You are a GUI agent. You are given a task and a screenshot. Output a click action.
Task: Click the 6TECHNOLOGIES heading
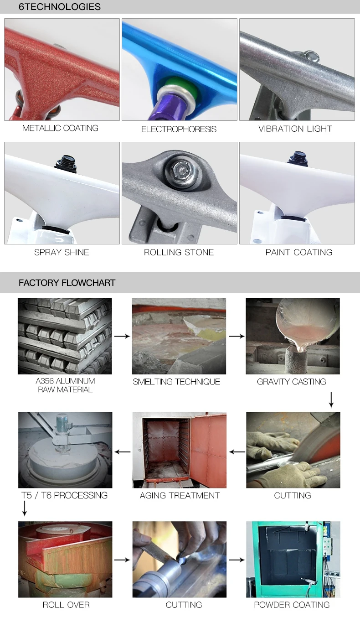coord(59,7)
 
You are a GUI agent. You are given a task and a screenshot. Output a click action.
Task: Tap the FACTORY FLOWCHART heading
coord(67,283)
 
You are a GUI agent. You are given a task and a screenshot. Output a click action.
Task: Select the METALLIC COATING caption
coord(60,128)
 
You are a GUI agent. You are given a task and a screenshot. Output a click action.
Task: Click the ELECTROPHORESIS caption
coord(179,129)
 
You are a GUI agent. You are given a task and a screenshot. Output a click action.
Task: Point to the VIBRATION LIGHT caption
coord(295,129)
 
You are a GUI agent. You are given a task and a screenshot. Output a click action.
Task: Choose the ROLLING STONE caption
coord(179,252)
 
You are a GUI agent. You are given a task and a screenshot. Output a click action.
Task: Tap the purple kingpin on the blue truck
coord(168,107)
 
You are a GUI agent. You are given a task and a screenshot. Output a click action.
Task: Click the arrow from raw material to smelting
coord(122,336)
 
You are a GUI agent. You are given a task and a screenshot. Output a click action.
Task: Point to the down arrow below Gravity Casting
coord(331,399)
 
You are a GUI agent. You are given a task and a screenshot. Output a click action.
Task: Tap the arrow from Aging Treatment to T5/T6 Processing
coord(123,452)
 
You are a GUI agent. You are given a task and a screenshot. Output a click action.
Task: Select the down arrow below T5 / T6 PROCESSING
coord(25,508)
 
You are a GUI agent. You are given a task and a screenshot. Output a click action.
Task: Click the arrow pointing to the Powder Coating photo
coord(237,560)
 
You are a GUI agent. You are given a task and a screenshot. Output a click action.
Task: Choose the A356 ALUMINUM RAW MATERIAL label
coord(65,385)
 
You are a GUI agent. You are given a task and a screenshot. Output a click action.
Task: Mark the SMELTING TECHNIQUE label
coord(176,382)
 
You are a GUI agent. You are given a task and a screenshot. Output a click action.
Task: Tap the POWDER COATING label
coord(292,605)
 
